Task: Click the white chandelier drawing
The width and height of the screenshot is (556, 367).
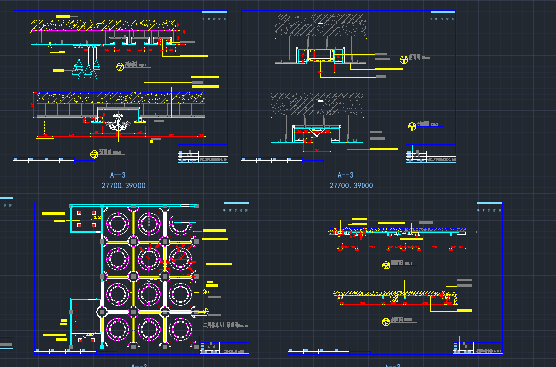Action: tap(118, 121)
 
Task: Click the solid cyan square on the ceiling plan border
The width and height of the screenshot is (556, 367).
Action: tap(102, 347)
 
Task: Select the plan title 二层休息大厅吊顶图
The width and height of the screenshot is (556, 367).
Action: tap(220, 325)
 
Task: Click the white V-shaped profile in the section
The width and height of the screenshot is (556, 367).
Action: tap(317, 133)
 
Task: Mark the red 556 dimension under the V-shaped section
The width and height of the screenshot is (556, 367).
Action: tap(317, 150)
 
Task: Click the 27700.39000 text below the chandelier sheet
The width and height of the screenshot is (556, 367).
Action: tap(123, 186)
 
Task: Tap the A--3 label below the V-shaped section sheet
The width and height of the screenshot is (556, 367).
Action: tap(345, 175)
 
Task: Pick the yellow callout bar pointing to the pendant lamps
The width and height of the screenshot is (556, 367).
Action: tap(58, 71)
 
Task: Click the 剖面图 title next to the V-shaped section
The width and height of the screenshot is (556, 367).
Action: tap(424, 124)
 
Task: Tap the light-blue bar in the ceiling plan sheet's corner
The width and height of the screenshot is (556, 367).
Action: tap(236, 203)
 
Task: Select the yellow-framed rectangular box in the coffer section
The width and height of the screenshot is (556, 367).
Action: tap(321, 55)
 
